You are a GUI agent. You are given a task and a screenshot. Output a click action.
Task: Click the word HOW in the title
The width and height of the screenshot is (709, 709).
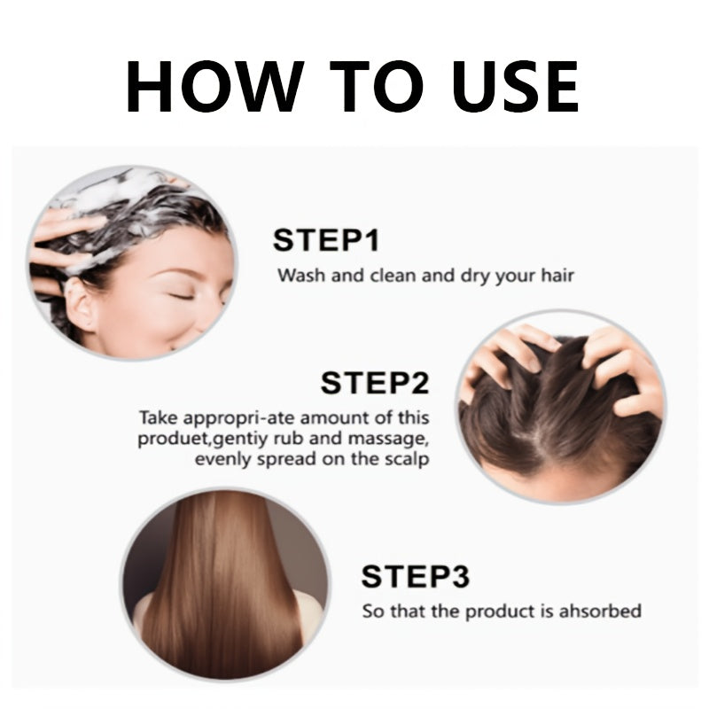(214, 86)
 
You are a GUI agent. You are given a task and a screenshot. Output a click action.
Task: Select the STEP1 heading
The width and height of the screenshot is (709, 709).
(325, 240)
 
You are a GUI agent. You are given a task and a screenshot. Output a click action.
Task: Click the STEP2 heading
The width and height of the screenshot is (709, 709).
(374, 383)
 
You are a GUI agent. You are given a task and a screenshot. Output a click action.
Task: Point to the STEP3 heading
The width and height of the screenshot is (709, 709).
(415, 576)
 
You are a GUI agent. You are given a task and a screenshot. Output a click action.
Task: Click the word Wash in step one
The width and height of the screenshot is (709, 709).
(301, 275)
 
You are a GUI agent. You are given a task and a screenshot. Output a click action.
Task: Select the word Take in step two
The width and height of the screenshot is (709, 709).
(158, 417)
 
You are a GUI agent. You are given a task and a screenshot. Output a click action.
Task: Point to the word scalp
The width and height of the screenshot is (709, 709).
(407, 459)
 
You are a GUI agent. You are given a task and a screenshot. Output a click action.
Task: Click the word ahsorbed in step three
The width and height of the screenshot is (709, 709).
(600, 611)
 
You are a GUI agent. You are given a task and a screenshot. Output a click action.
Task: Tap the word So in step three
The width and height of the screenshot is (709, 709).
(373, 612)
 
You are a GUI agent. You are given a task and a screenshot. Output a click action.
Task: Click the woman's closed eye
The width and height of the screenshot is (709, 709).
(181, 296)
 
